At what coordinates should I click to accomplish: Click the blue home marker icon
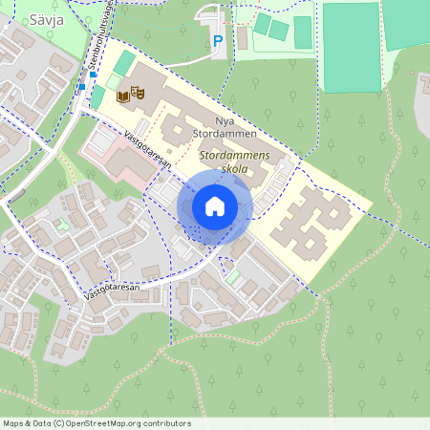(214, 206)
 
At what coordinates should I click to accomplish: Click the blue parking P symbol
(217, 41)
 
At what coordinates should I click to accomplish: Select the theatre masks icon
(138, 94)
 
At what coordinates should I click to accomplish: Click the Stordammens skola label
(234, 161)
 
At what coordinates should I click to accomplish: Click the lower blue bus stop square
(82, 87)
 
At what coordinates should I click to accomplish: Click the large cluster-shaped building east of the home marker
(312, 223)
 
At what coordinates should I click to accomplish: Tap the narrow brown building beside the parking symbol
(242, 38)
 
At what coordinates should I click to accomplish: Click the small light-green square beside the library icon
(113, 82)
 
